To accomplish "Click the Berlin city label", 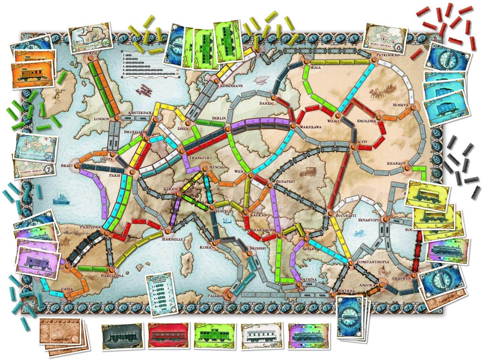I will pos(219,118).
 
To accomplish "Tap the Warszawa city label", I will pos(310,127).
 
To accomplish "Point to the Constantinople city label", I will pos(372,261).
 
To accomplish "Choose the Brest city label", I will pos(66,166).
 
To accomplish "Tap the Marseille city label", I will pos(173,239).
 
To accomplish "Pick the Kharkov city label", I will pos(396,163).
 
